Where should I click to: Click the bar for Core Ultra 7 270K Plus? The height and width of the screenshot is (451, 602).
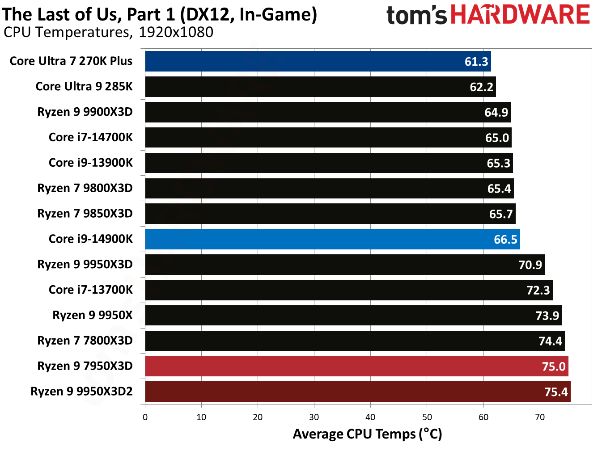pyautogui.click(x=318, y=61)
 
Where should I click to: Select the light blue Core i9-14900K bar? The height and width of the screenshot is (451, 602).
pyautogui.click(x=332, y=239)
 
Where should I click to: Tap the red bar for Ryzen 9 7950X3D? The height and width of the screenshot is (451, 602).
pyautogui.click(x=356, y=367)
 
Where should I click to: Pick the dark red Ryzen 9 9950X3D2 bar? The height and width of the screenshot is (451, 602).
pyautogui.click(x=357, y=392)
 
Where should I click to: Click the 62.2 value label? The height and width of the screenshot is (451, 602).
pyautogui.click(x=481, y=87)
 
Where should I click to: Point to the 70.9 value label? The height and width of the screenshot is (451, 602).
pyautogui.click(x=530, y=265)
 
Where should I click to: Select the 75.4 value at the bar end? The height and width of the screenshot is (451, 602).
pyautogui.click(x=555, y=392)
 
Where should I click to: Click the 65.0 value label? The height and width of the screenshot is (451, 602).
pyautogui.click(x=497, y=138)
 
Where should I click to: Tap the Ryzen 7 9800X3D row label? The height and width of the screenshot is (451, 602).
pyautogui.click(x=85, y=188)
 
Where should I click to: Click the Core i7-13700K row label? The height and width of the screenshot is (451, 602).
pyautogui.click(x=90, y=290)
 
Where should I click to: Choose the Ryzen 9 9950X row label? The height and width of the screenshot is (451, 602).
pyautogui.click(x=93, y=315)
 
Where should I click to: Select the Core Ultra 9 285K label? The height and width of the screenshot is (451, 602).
pyautogui.click(x=84, y=86)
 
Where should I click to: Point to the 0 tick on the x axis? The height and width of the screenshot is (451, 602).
pyautogui.click(x=145, y=417)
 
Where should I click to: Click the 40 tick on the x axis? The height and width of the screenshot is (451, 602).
pyautogui.click(x=370, y=417)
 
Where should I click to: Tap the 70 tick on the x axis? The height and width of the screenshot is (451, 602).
pyautogui.click(x=540, y=417)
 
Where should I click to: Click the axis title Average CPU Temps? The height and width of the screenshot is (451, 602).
pyautogui.click(x=367, y=434)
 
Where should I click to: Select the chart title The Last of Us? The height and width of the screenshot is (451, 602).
pyautogui.click(x=160, y=14)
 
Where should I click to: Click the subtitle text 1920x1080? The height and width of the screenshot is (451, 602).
pyautogui.click(x=176, y=32)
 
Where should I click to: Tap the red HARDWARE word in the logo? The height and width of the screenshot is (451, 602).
pyautogui.click(x=520, y=14)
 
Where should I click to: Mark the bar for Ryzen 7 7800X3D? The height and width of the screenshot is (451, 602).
pyautogui.click(x=355, y=341)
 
